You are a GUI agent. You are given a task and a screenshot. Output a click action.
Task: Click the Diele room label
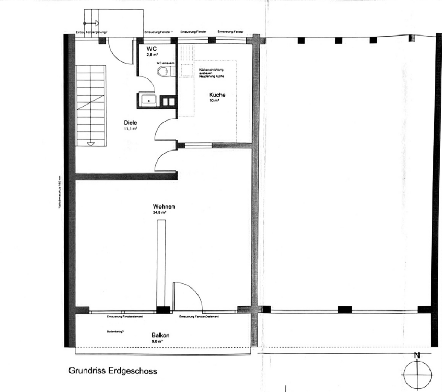[x=131, y=122]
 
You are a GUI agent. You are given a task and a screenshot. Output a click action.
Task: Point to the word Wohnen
[x=164, y=207]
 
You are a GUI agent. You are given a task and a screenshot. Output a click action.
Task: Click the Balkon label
[x=160, y=335]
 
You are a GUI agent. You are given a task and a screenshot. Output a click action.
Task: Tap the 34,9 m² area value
[x=159, y=213]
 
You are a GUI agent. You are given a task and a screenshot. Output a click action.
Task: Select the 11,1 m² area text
[x=131, y=128]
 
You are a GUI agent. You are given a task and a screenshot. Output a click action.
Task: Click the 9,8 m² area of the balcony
[x=158, y=341]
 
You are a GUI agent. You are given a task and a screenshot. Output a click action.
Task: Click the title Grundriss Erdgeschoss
[x=113, y=371]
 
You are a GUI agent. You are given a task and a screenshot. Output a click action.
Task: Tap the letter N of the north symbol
[x=416, y=356]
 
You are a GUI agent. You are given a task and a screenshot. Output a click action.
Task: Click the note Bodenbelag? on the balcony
[x=115, y=330]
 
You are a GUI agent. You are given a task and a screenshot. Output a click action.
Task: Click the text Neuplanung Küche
[x=212, y=77]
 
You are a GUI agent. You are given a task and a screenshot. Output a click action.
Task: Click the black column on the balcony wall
[x=164, y=309]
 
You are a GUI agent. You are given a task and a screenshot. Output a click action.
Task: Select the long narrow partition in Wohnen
[x=161, y=261]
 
